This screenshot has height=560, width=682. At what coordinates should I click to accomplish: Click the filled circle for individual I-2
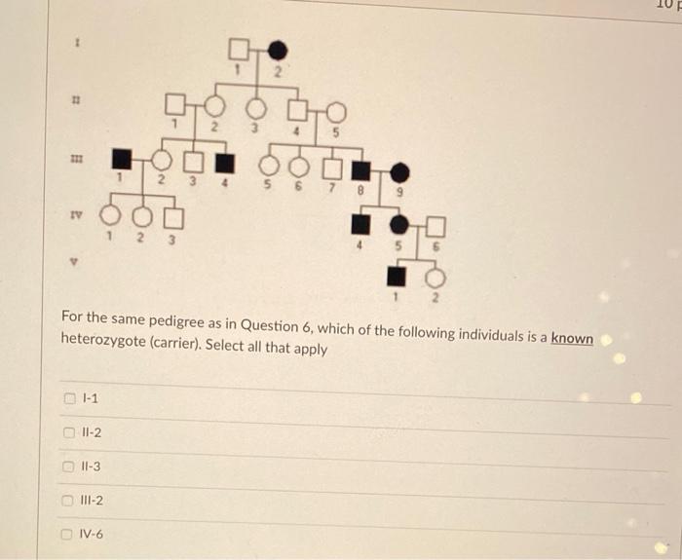278,48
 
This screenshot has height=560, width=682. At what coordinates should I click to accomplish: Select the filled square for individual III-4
224,160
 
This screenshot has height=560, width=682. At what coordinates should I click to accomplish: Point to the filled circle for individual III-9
399,172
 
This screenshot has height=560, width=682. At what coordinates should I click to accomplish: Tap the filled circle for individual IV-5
399,225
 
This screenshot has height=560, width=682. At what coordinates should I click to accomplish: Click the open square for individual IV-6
435,225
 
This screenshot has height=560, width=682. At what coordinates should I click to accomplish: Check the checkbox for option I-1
69,397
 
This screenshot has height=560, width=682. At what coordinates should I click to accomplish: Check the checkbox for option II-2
69,432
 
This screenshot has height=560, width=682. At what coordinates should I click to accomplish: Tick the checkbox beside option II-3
69,467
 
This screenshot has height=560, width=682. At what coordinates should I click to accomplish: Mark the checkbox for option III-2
69,501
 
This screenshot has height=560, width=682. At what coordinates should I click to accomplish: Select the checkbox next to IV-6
69,534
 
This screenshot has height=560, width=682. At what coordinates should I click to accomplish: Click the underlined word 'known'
572,337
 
